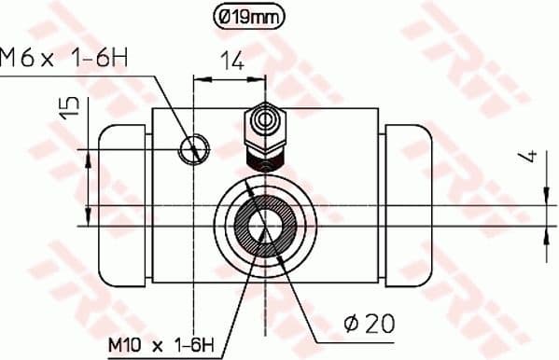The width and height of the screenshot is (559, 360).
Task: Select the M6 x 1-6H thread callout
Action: [64, 59]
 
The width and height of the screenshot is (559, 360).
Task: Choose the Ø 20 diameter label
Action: [369, 324]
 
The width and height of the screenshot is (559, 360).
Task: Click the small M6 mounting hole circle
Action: [194, 146]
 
